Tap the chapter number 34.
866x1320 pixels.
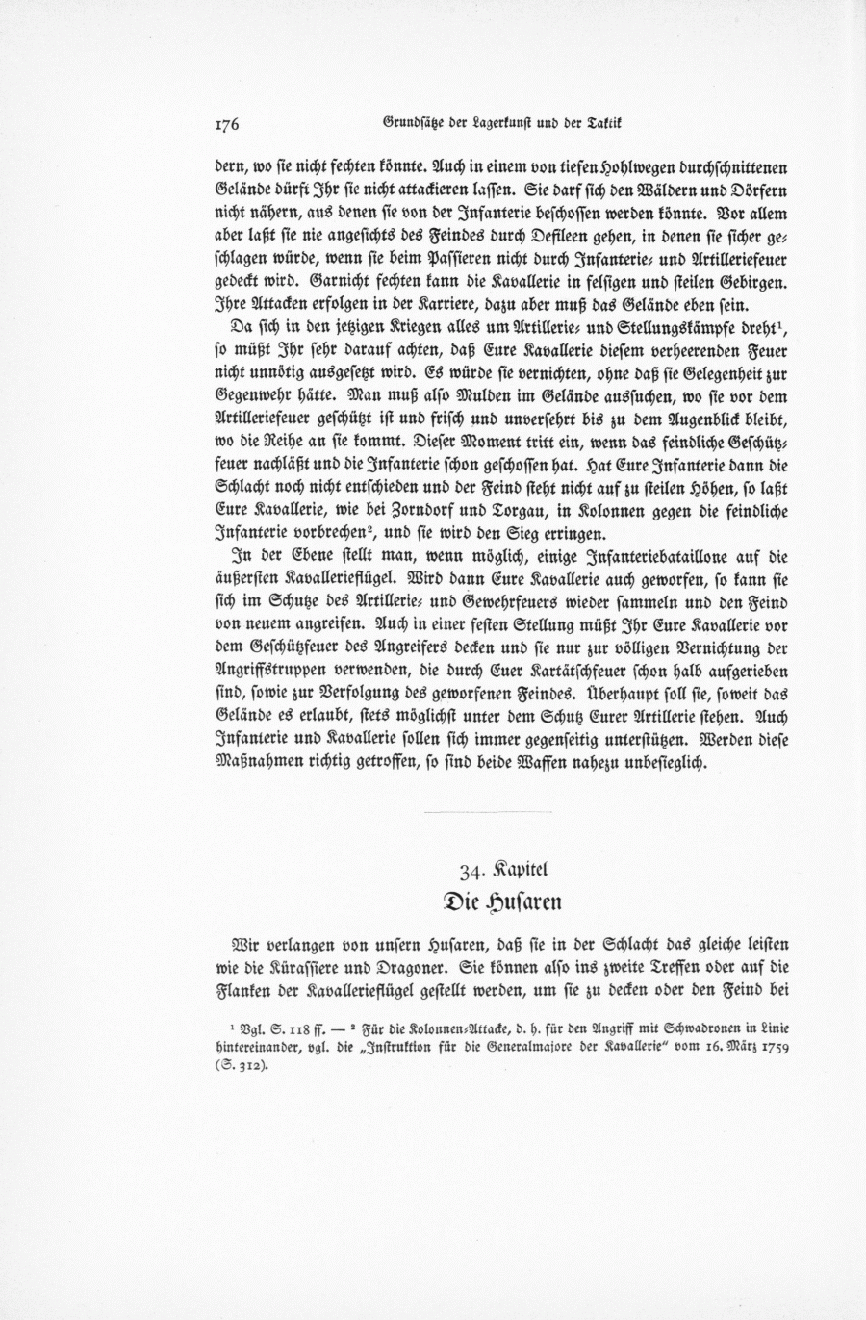tap(471, 873)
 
